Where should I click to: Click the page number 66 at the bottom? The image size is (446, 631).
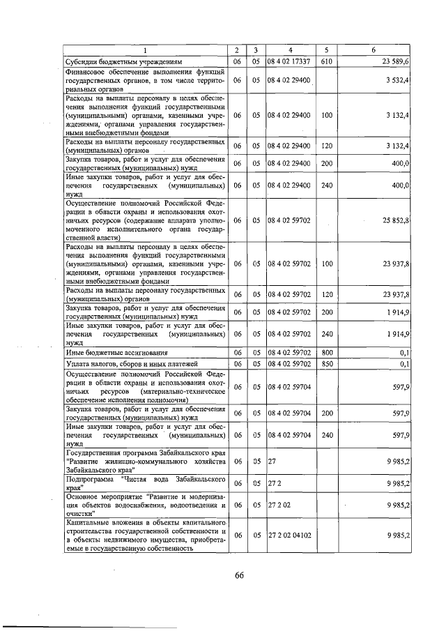point(239,575)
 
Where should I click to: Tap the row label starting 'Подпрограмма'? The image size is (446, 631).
point(145,484)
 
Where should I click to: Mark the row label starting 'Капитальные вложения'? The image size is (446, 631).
point(145,535)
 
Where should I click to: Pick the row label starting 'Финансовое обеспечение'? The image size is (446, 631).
point(145,81)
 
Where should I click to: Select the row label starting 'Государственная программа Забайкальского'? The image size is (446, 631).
point(145,461)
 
